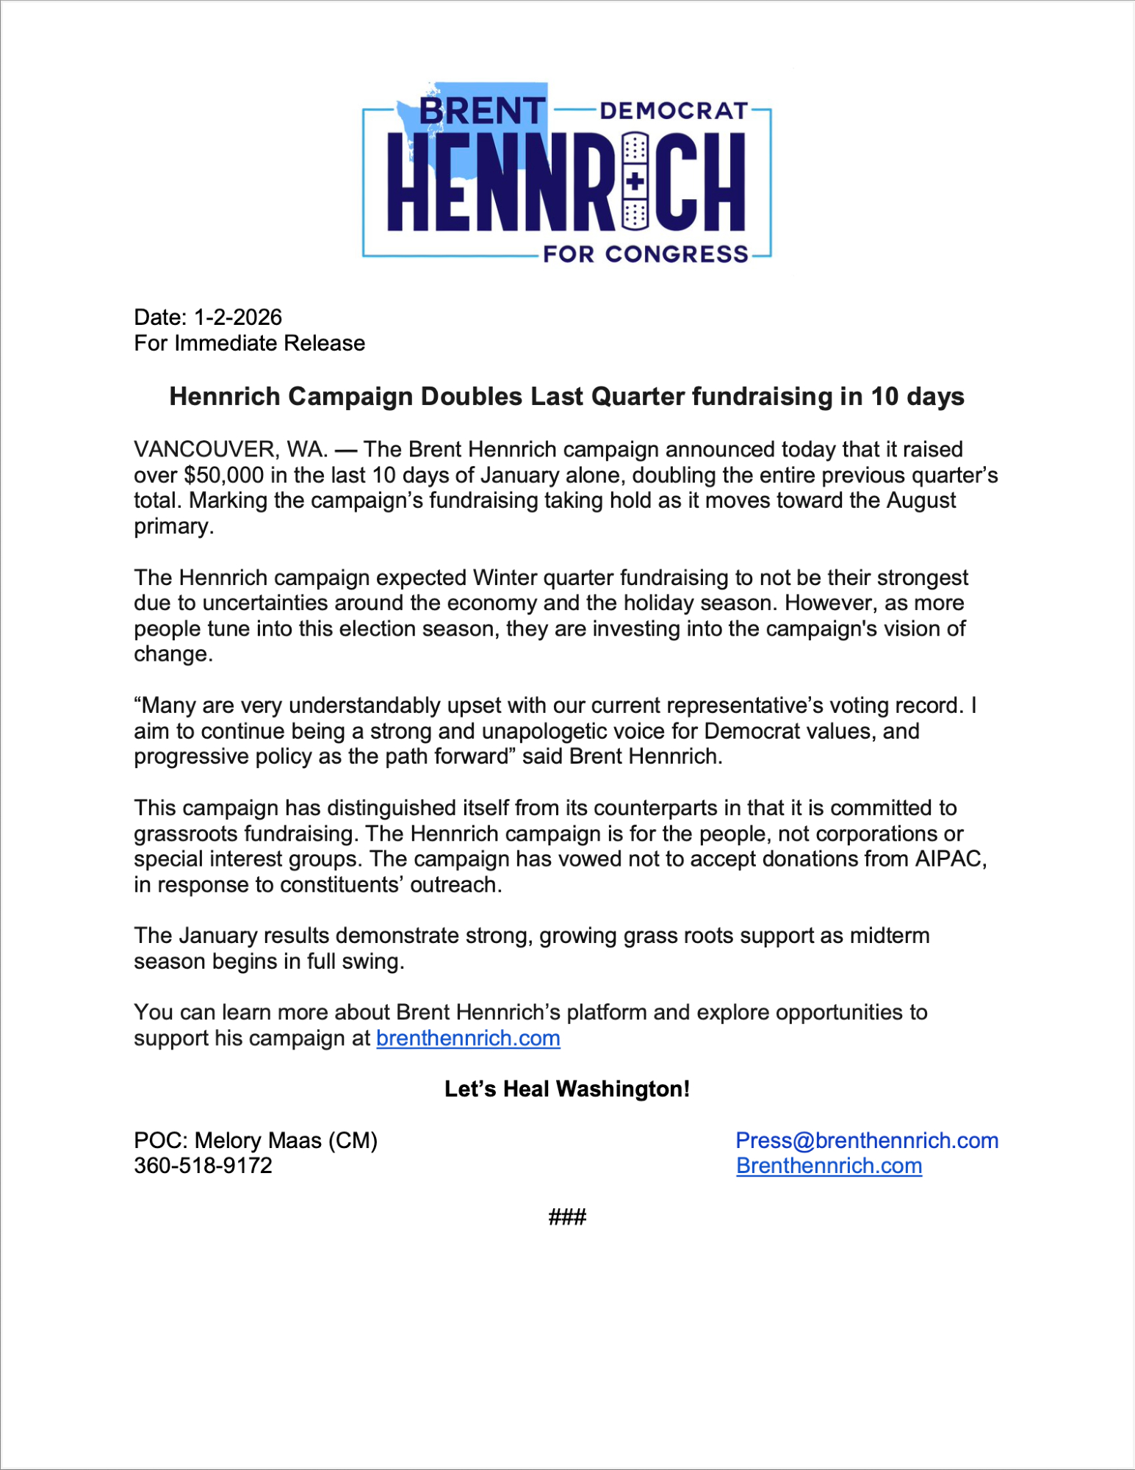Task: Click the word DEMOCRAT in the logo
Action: click(x=674, y=111)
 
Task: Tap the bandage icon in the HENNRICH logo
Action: click(x=635, y=180)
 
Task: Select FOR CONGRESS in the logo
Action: click(x=646, y=254)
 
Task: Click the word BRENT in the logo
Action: click(x=482, y=111)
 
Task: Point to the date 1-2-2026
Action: click(x=237, y=318)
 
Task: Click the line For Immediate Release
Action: click(x=249, y=343)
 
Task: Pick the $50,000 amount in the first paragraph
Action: click(x=223, y=475)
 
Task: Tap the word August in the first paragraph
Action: click(x=920, y=501)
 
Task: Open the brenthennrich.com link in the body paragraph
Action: click(x=468, y=1039)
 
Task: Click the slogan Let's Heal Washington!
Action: click(x=567, y=1089)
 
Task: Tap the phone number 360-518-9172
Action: click(x=203, y=1166)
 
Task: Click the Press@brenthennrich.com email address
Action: click(x=867, y=1141)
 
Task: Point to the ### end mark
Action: click(x=567, y=1218)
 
